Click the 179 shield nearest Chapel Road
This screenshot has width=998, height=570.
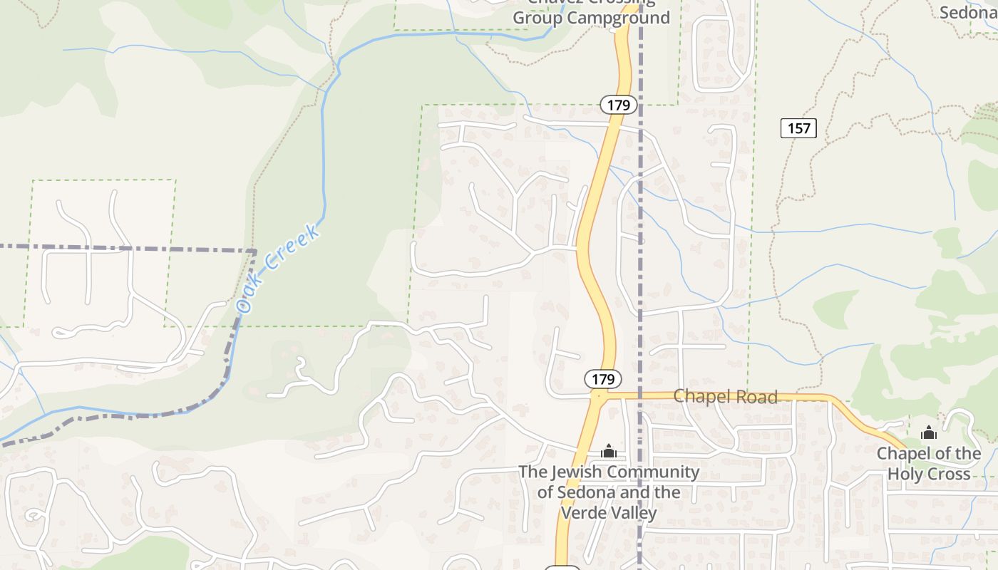pyautogui.click(x=603, y=378)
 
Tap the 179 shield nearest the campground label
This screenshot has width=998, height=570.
pyautogui.click(x=619, y=105)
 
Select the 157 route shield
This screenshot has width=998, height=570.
pyautogui.click(x=799, y=128)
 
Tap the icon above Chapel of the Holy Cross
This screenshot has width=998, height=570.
pyautogui.click(x=928, y=432)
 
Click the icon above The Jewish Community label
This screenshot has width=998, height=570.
pyautogui.click(x=608, y=451)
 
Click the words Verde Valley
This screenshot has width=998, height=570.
pyautogui.click(x=609, y=512)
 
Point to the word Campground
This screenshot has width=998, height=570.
pyautogui.click(x=619, y=18)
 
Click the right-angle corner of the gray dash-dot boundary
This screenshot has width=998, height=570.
pyautogui.click(x=254, y=251)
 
